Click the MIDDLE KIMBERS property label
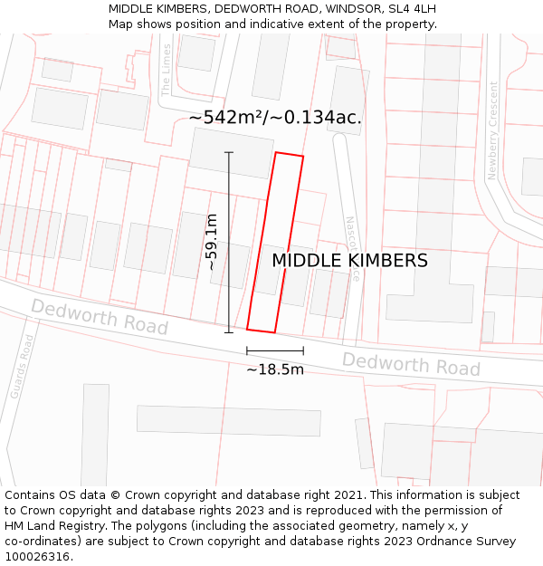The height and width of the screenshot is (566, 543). (349, 261)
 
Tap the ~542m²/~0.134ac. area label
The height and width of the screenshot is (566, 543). (275, 118)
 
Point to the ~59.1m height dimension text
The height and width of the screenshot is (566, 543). (212, 242)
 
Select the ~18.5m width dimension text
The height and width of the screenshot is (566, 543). (275, 369)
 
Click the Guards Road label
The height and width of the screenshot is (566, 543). (22, 366)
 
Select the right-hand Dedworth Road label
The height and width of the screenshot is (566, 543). (411, 364)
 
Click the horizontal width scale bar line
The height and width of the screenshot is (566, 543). (275, 350)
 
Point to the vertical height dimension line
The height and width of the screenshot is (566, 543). (229, 242)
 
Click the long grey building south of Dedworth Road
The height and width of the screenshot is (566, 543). (229, 420)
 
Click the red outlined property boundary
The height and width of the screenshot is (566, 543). (275, 242)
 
